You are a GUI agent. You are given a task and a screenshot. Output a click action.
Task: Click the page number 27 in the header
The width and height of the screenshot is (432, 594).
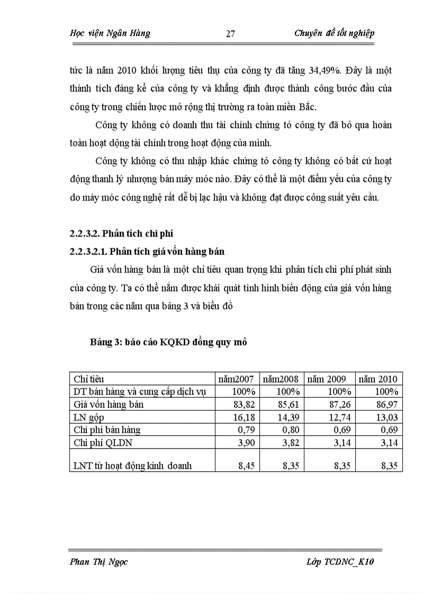(230, 34)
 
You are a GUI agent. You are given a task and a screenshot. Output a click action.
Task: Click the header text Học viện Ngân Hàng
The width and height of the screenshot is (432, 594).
(110, 33)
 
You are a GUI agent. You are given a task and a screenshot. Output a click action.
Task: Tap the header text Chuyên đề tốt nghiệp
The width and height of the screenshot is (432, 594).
(334, 33)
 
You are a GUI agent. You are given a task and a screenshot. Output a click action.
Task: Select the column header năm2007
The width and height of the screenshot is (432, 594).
(237, 379)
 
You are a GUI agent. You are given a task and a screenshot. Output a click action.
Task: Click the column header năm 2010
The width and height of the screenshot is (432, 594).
(378, 379)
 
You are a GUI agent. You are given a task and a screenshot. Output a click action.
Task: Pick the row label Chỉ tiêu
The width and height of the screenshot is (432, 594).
(88, 379)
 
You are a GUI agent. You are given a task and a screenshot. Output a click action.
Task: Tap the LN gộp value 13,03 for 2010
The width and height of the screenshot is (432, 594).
(387, 417)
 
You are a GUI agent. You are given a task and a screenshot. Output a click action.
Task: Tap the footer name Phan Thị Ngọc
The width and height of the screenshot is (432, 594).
(98, 562)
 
